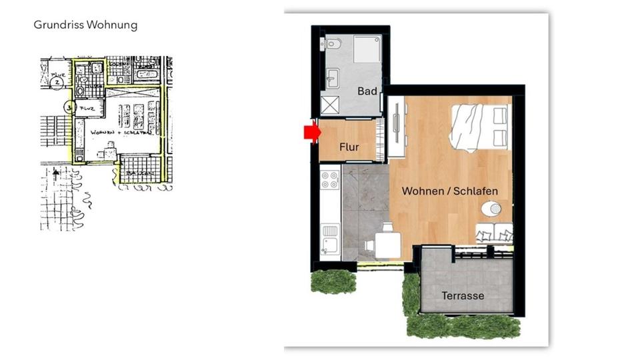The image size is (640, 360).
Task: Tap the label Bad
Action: pyautogui.click(x=367, y=91)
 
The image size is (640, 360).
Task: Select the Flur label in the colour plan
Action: pyautogui.click(x=349, y=147)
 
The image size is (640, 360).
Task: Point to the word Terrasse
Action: pyautogui.click(x=463, y=295)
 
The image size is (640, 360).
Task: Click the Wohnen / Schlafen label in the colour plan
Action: pyautogui.click(x=449, y=191)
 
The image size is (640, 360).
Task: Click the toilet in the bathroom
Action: pyautogui.click(x=333, y=45)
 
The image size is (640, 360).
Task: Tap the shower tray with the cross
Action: pyautogui.click(x=330, y=105)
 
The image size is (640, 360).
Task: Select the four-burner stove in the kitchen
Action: pyautogui.click(x=330, y=180)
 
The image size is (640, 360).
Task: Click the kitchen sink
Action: pyautogui.click(x=329, y=234)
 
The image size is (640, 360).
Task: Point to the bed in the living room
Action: pyautogui.click(x=481, y=127)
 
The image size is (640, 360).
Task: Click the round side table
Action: pyautogui.click(x=491, y=209)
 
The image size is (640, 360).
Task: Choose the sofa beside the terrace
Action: pyautogui.click(x=495, y=234)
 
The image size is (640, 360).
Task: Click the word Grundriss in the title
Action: pyautogui.click(x=57, y=25)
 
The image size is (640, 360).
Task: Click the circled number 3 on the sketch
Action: pyautogui.click(x=69, y=106)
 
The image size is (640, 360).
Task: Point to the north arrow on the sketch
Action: pyautogui.click(x=56, y=174)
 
